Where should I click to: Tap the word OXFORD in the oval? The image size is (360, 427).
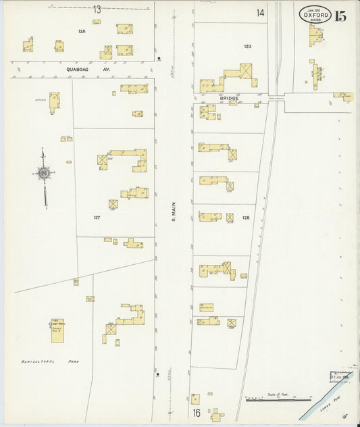(315, 14)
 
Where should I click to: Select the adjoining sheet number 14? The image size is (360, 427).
(261, 13)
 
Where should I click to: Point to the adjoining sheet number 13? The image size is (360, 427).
(97, 9)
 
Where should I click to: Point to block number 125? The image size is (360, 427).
(82, 32)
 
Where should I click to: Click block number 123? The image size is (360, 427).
(248, 46)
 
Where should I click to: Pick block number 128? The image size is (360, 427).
(246, 218)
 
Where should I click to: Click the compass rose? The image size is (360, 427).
(44, 174)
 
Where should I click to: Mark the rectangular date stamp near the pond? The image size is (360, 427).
(343, 375)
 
